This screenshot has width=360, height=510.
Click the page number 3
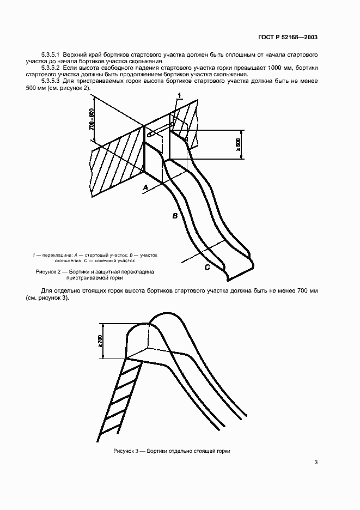[316, 463]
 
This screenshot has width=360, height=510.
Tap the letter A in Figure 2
[145, 188]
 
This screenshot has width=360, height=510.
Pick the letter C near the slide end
[207, 267]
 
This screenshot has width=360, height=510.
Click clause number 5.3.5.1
[52, 56]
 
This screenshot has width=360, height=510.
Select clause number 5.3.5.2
[52, 67]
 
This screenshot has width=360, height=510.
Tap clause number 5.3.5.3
[52, 81]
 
